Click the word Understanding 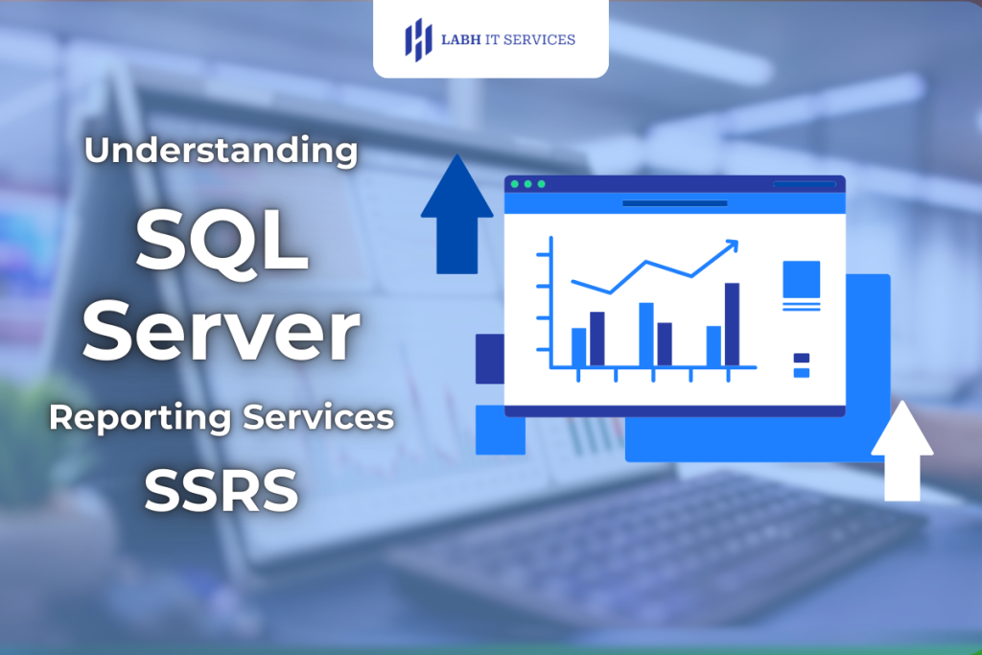click(x=222, y=152)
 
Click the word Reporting click(x=140, y=418)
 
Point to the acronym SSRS click(x=222, y=490)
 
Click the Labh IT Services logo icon click(x=418, y=39)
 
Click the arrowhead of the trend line click(x=733, y=246)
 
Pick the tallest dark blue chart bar click(x=732, y=324)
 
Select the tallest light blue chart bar click(x=646, y=334)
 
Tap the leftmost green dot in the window click(x=515, y=184)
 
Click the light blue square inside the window click(x=801, y=279)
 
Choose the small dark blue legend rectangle click(x=801, y=359)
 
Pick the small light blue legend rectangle click(x=801, y=372)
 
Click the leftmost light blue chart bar click(x=578, y=346)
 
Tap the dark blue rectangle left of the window click(x=489, y=359)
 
